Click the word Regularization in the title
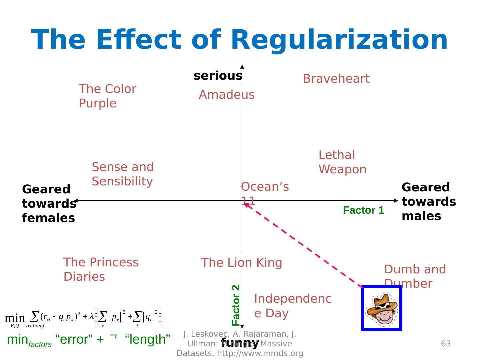[x=339, y=40]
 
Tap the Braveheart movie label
[x=336, y=79]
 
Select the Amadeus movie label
[x=227, y=95]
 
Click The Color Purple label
[x=107, y=96]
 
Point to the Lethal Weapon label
[x=342, y=162]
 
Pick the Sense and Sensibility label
[x=123, y=174]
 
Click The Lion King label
[x=241, y=263]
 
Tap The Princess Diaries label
[x=101, y=269]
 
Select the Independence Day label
[x=293, y=306]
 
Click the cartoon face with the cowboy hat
[x=382, y=308]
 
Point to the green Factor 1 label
[x=363, y=210]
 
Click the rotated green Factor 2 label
[x=236, y=305]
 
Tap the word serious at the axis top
[x=218, y=76]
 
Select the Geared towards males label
[x=429, y=202]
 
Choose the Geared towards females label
[x=49, y=203]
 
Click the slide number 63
[x=446, y=344]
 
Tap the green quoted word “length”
[x=148, y=339]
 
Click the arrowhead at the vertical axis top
[x=242, y=66]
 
